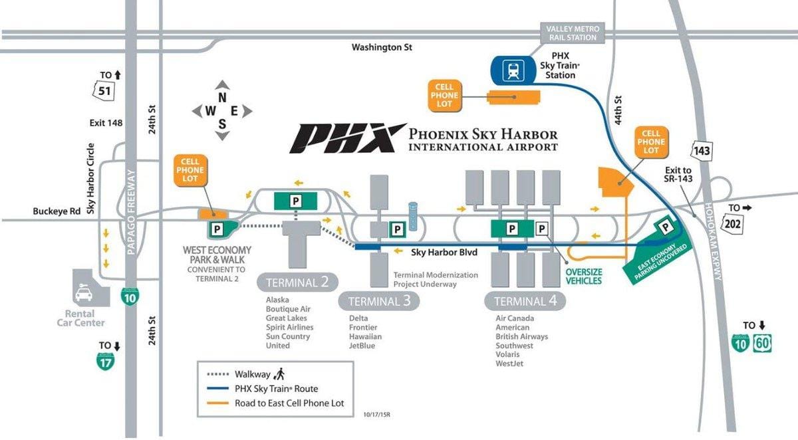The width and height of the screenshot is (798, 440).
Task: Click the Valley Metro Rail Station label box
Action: click(573, 33)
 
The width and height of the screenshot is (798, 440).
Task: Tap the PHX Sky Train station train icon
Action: click(513, 70)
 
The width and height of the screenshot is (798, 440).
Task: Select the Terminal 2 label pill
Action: click(297, 282)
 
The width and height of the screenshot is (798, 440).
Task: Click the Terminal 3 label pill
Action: click(378, 301)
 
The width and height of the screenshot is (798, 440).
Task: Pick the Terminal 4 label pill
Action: click(525, 301)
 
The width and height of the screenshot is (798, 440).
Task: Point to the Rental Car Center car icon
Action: click(84, 292)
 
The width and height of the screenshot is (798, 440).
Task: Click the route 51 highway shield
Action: click(104, 91)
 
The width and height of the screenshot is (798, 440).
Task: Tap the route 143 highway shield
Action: click(702, 151)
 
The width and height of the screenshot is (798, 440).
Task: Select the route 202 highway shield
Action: click(733, 224)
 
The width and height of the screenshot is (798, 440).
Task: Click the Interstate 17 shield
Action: click(106, 362)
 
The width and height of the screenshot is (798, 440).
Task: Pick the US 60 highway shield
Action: click(762, 343)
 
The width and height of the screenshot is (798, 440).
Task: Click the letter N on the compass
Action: click(222, 98)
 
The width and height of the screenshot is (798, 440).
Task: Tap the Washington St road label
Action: click(382, 47)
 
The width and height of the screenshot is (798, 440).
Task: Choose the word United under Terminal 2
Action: click(278, 346)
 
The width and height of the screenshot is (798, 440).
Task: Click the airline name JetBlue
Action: click(362, 346)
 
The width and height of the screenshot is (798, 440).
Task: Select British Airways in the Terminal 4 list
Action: click(521, 336)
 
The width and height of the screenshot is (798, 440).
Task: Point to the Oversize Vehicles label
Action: click(584, 276)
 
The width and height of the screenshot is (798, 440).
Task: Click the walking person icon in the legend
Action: click(280, 374)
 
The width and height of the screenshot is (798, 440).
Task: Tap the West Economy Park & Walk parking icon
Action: click(217, 229)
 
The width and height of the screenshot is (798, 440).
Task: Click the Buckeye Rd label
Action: click(57, 211)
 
